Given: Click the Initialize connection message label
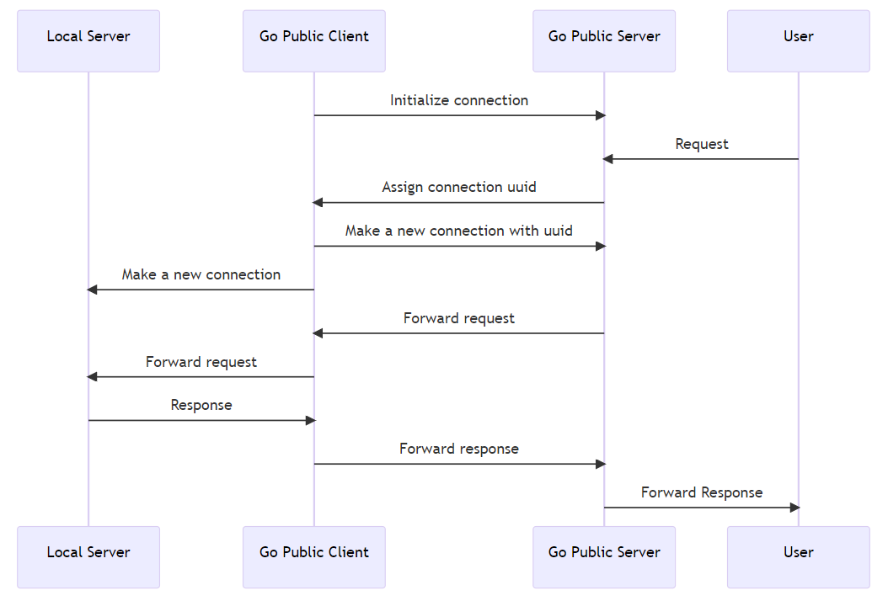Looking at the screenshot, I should pyautogui.click(x=459, y=100).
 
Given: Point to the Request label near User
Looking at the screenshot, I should pyautogui.click(x=702, y=144).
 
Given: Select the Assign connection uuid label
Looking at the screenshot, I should pyautogui.click(x=459, y=187).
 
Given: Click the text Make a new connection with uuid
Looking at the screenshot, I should pyautogui.click(x=459, y=231).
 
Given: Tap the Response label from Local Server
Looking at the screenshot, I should pyautogui.click(x=201, y=405).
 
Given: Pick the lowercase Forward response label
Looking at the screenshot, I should pyautogui.click(x=459, y=449).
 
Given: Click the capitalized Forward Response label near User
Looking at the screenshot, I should pyautogui.click(x=702, y=492).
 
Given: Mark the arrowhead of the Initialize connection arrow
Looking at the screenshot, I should pyautogui.click(x=601, y=115).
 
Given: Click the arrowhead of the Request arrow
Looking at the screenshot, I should pyautogui.click(x=607, y=159).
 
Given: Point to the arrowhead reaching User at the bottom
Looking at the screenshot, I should pyautogui.click(x=794, y=508).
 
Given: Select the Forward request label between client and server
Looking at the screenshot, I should pyautogui.click(x=459, y=318).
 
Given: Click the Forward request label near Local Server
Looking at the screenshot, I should pyautogui.click(x=201, y=362).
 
